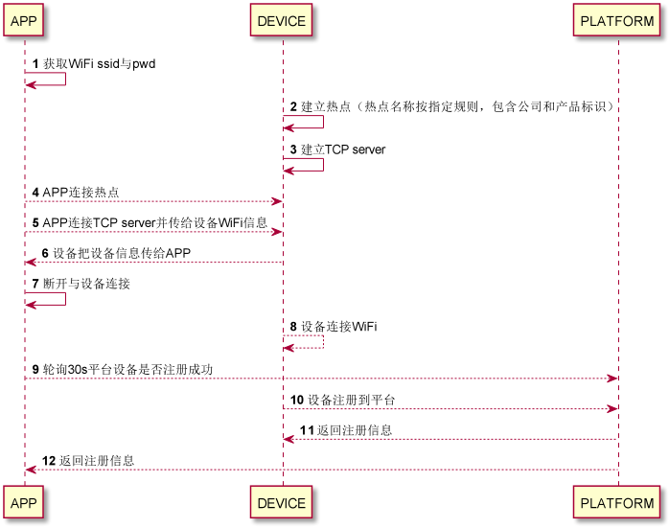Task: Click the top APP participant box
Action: (25, 20)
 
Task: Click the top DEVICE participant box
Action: (282, 20)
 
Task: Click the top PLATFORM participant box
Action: (617, 20)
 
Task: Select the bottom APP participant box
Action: (25, 502)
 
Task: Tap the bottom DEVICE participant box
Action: (282, 502)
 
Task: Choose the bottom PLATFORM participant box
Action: (617, 502)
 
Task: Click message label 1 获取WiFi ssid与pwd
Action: (99, 63)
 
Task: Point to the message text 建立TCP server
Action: (343, 149)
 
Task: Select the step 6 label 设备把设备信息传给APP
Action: (121, 253)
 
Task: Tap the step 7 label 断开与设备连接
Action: (86, 284)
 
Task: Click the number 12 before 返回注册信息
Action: (48, 460)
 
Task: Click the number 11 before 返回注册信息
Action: (307, 429)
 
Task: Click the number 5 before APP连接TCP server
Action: (35, 222)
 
